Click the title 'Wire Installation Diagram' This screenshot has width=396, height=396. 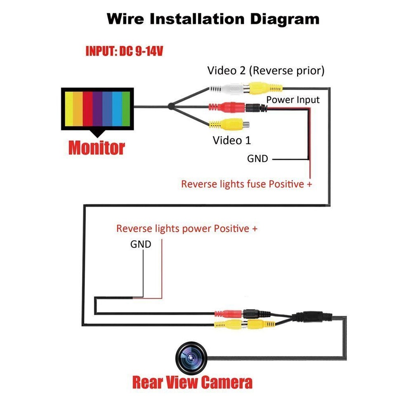click(x=213, y=19)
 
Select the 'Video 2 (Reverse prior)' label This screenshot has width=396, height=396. click(x=266, y=71)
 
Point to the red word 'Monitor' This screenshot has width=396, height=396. click(x=97, y=147)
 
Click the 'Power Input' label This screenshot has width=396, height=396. click(x=292, y=100)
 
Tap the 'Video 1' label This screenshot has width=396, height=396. click(x=231, y=140)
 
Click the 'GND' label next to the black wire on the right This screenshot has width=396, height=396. click(x=257, y=158)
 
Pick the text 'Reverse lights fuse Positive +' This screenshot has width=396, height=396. click(x=246, y=184)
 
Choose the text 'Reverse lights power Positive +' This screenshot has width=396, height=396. click(x=187, y=229)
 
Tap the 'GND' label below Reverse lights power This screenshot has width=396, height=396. click(x=141, y=244)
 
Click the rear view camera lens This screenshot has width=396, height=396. click(x=190, y=357)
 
